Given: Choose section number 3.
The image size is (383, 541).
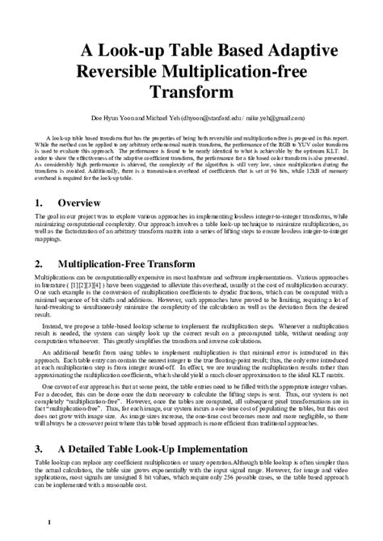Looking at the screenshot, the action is pyautogui.click(x=40, y=447).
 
